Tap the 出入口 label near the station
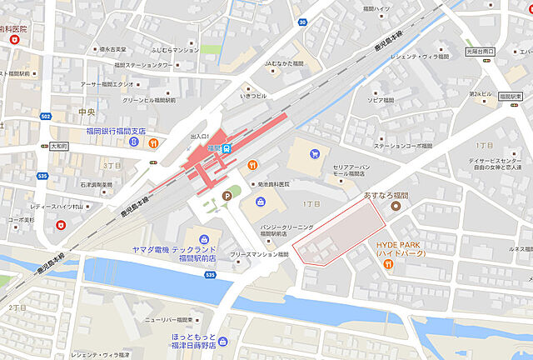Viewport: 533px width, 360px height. [x=200, y=136]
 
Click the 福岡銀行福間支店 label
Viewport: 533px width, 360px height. [x=115, y=131]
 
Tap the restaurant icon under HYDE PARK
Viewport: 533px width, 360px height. [x=389, y=264]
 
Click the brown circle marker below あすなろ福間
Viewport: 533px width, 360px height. [x=396, y=206]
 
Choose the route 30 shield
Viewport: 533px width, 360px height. [x=301, y=22]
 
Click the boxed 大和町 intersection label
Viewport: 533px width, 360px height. [x=58, y=144]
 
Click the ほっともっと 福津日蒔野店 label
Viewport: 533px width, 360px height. [x=188, y=340]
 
